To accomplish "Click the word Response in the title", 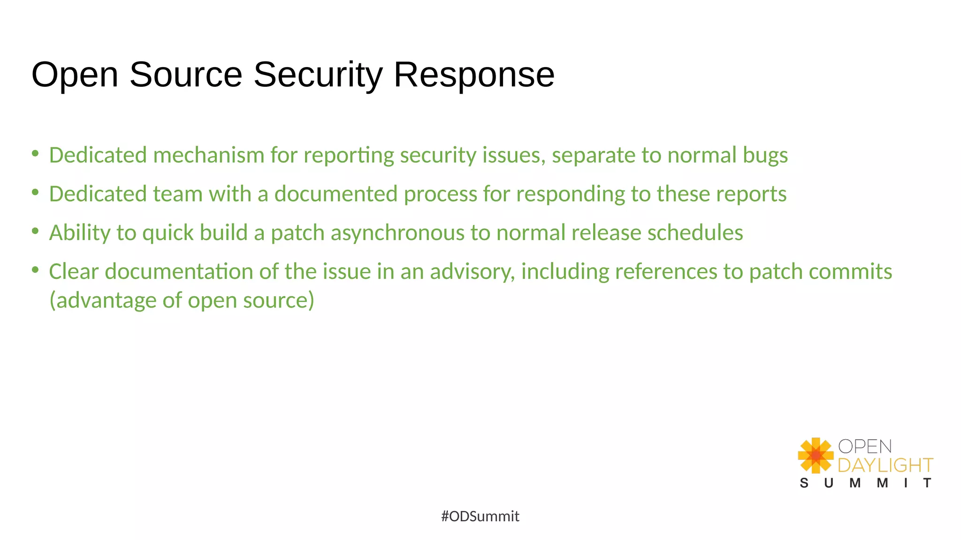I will tap(474, 75).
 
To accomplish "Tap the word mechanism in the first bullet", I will tap(209, 155).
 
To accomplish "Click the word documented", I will tap(336, 194).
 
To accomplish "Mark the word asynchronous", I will tap(397, 233).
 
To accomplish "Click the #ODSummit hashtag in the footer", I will tap(480, 516).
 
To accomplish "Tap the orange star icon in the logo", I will tap(816, 455).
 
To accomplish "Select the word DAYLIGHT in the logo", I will tap(885, 465).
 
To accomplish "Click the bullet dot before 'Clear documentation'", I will tap(35, 270).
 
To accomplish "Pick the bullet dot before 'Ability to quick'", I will tap(35, 231).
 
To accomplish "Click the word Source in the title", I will tap(186, 75).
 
